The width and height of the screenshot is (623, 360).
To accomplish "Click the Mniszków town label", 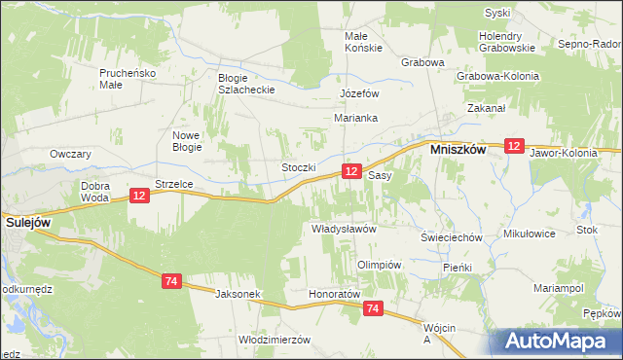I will pyautogui.click(x=459, y=152).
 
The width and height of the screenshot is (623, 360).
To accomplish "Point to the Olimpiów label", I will pyautogui.click(x=380, y=265).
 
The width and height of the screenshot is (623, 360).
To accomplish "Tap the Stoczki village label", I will pyautogui.click(x=299, y=167).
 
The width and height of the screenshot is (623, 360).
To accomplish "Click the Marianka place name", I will pyautogui.click(x=355, y=118).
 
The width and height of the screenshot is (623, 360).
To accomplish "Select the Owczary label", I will pyautogui.click(x=70, y=154).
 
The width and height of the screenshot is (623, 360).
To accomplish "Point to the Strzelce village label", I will pyautogui.click(x=174, y=183).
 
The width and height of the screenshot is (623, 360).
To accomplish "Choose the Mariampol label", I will pyautogui.click(x=558, y=288).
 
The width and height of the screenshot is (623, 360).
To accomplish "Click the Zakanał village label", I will pyautogui.click(x=487, y=108).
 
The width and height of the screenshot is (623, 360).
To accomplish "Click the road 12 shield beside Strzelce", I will pyautogui.click(x=138, y=197).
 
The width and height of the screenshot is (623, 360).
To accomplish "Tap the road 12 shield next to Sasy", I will pyautogui.click(x=351, y=171).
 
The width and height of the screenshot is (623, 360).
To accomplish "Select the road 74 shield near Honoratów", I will pyautogui.click(x=374, y=308).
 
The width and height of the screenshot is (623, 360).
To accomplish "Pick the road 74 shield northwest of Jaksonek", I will pyautogui.click(x=171, y=281).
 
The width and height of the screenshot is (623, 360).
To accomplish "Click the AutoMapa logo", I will pyautogui.click(x=560, y=341).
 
